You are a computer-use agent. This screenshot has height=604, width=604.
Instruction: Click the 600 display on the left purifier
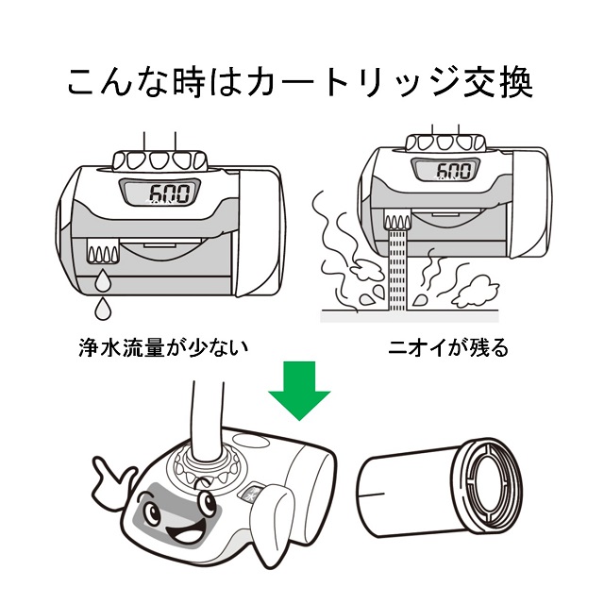160,194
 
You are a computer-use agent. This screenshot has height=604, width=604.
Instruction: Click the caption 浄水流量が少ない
163,347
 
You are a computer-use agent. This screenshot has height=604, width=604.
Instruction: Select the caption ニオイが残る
450,347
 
